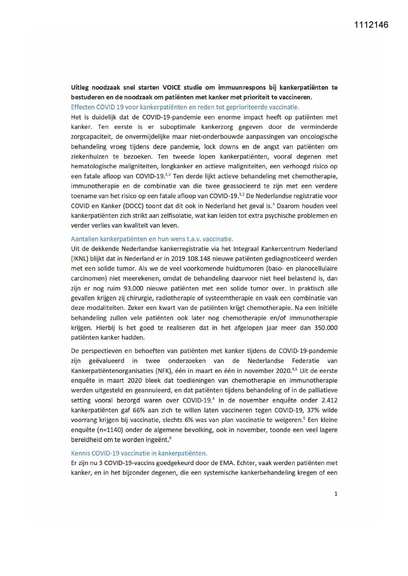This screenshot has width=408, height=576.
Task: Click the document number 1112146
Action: (371, 25)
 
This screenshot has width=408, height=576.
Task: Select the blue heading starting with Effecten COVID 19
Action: (185, 107)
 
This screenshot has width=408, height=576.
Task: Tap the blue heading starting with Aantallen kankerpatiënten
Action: (152, 239)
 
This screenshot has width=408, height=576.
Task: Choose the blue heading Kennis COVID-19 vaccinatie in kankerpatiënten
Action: (139, 453)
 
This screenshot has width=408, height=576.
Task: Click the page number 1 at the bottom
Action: (336, 494)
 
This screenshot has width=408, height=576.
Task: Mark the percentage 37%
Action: (313, 410)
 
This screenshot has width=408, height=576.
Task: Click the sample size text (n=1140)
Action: (108, 430)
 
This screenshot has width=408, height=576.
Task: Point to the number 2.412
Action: (329, 400)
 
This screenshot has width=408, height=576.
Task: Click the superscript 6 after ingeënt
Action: (170, 438)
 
